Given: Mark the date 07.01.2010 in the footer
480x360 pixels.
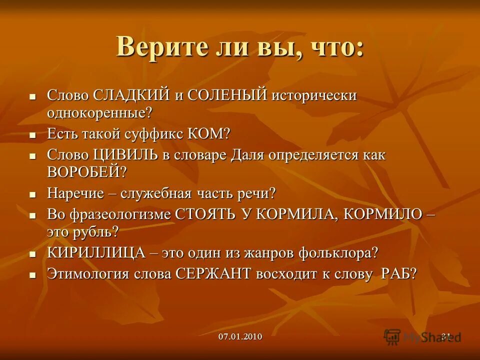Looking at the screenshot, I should tap(240, 336).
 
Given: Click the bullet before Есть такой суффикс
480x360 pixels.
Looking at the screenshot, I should tap(32, 135).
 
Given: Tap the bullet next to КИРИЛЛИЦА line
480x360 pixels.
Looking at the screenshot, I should tap(32, 254).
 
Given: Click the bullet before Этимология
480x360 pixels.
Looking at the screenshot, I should tap(32, 275).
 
